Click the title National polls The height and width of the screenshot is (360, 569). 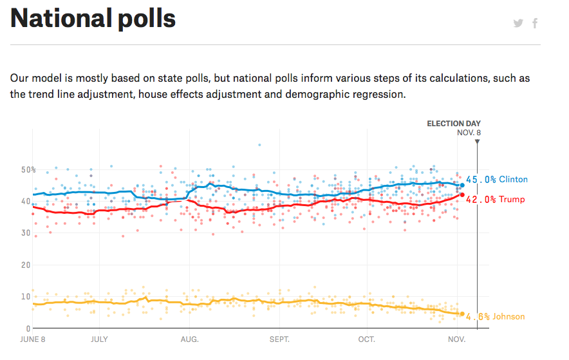93,19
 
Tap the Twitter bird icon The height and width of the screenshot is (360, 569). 518,24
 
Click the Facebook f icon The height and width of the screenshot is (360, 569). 535,24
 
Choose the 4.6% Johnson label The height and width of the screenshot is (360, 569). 495,317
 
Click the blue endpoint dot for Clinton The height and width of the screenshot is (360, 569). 462,185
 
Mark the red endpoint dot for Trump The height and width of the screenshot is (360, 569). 462,195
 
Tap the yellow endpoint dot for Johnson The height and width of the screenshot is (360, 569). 462,314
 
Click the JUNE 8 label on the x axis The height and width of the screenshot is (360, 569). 33,339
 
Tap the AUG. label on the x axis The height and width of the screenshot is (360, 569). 189,339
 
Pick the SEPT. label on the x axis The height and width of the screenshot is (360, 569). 279,339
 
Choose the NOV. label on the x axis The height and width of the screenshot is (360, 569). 456,339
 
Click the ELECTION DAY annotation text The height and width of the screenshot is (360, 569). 454,124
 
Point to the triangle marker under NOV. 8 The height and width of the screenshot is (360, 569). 477,141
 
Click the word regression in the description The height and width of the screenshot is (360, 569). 382,94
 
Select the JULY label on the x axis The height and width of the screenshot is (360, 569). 99,339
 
